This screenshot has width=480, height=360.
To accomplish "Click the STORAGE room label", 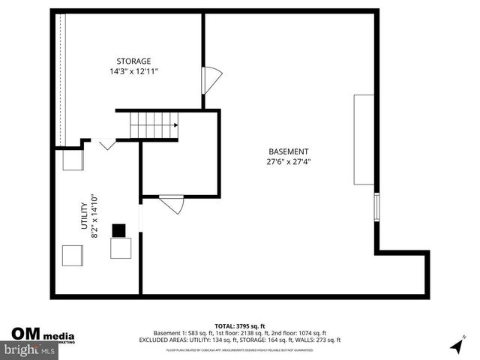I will click(x=133, y=61).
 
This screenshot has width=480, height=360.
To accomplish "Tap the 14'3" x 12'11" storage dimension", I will click(x=133, y=71).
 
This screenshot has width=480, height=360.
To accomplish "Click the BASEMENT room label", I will click(x=288, y=151).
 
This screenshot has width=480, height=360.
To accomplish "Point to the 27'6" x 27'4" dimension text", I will click(x=288, y=161).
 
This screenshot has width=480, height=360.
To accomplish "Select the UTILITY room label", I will click(x=85, y=217).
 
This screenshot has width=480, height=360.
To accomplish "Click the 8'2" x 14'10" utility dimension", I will click(x=95, y=217).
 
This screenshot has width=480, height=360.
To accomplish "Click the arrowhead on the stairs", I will click(x=175, y=125).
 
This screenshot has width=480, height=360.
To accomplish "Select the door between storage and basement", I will click(x=211, y=79).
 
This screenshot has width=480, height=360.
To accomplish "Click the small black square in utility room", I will click(x=119, y=229).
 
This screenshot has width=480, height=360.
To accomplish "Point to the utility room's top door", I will click(x=104, y=142).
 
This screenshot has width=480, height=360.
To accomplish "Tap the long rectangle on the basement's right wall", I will click(x=364, y=139).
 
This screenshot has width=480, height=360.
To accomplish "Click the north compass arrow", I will click(x=455, y=346).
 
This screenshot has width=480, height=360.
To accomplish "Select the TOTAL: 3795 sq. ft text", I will click(x=240, y=325).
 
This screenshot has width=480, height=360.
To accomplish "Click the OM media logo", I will click(x=41, y=334).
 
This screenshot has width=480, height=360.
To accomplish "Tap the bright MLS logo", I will click(x=28, y=349).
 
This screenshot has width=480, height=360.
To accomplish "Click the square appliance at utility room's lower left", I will click(x=72, y=256).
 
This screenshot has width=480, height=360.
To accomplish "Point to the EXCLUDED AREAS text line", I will click(x=240, y=340).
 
